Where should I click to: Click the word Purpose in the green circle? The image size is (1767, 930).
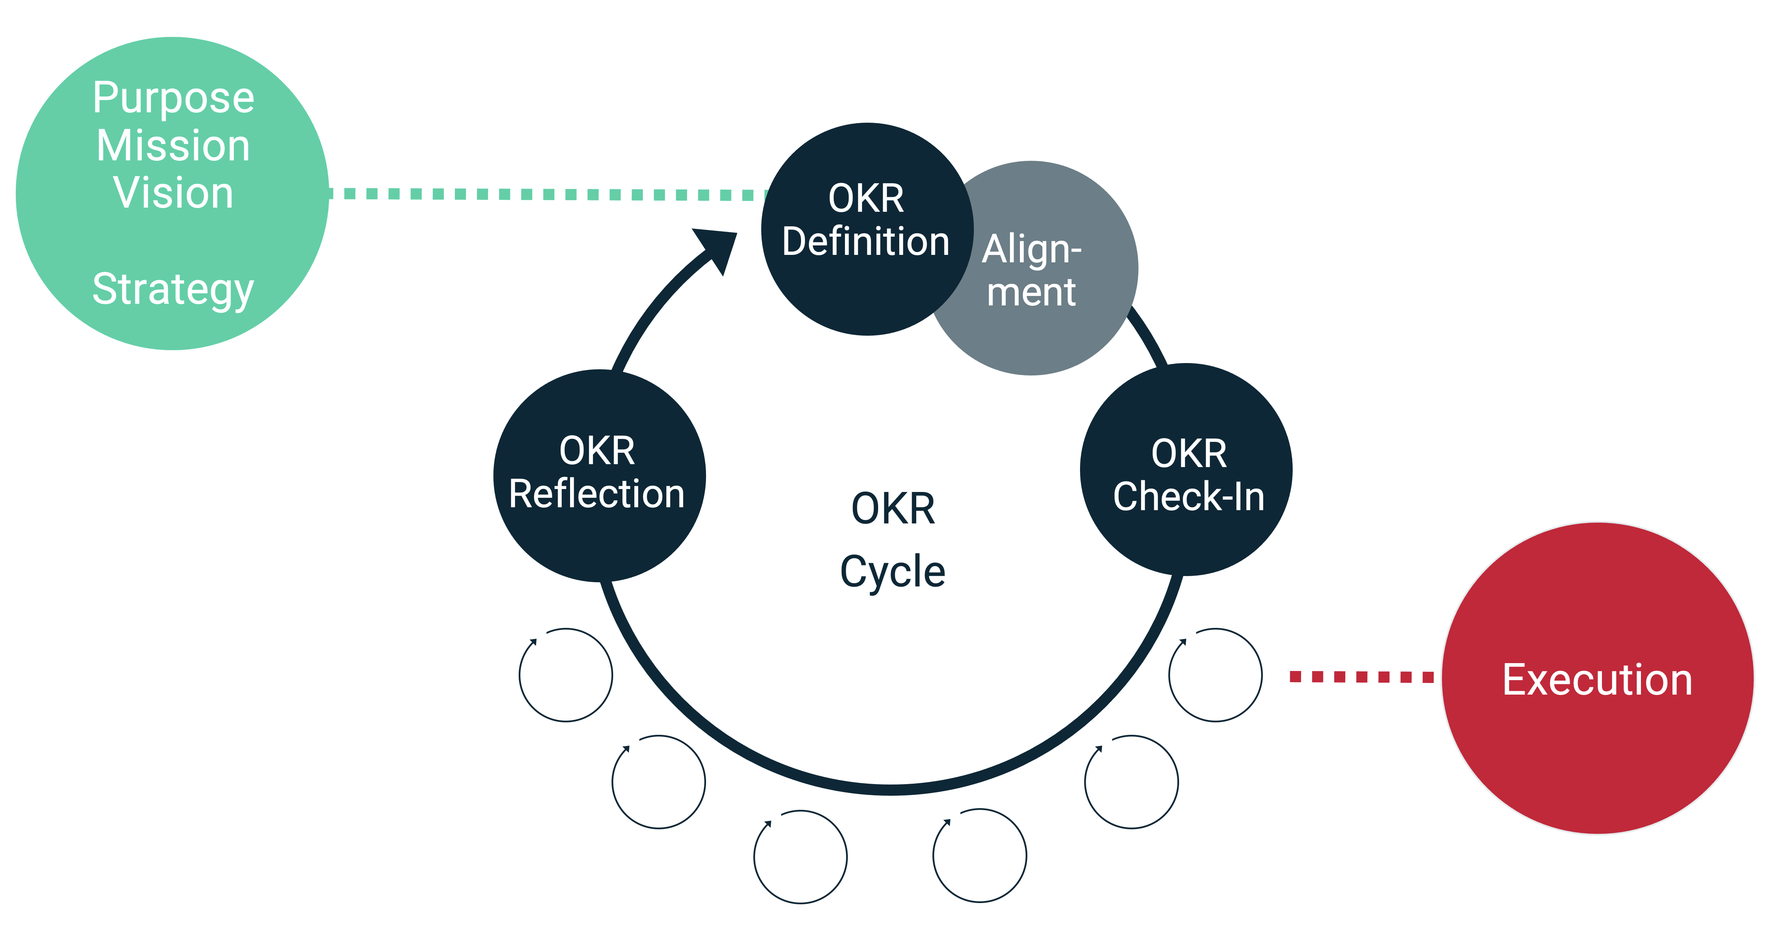(174, 98)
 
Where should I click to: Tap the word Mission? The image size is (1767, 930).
(174, 145)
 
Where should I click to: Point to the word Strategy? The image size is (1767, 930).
(174, 289)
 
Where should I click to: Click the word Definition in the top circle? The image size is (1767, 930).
(866, 242)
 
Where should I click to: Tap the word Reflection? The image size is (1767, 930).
(597, 494)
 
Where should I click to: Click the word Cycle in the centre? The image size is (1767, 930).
(893, 572)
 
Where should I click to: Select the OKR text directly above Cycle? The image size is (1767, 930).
(893, 509)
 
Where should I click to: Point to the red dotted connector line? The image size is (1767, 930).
(1361, 677)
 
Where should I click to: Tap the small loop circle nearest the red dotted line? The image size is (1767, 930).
(1215, 675)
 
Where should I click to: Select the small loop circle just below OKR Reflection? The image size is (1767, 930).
(566, 675)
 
